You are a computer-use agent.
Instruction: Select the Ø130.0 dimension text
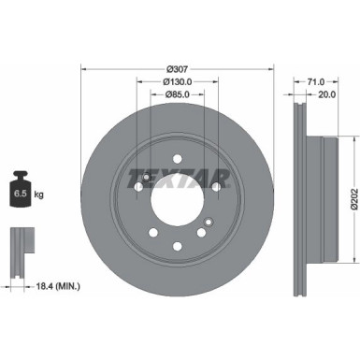[179, 80]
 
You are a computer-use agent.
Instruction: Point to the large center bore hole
[179, 198]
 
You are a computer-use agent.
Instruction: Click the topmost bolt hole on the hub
[179, 155]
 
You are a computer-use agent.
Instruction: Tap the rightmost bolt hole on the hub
[217, 187]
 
